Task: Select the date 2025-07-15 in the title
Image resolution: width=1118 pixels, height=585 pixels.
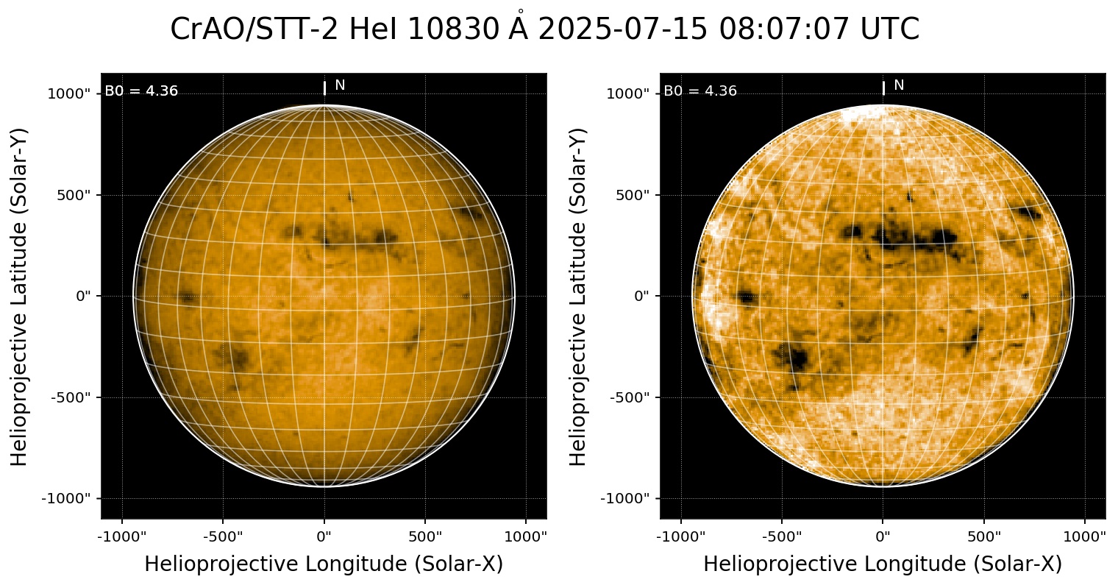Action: [624, 29]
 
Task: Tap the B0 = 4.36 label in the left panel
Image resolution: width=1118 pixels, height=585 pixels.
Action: [141, 91]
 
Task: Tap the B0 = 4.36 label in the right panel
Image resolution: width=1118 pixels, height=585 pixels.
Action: [700, 91]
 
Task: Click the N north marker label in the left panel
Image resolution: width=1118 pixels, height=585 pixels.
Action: [340, 85]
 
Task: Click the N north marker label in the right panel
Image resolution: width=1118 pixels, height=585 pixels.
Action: [899, 85]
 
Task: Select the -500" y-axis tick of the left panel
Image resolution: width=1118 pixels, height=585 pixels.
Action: [74, 397]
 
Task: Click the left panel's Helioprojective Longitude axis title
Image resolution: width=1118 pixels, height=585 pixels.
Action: [324, 564]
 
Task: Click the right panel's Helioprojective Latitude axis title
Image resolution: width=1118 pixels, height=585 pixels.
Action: [580, 296]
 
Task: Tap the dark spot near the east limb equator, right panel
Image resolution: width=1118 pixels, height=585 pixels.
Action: [747, 297]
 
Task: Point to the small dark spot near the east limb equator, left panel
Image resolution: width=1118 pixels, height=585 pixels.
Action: [188, 297]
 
